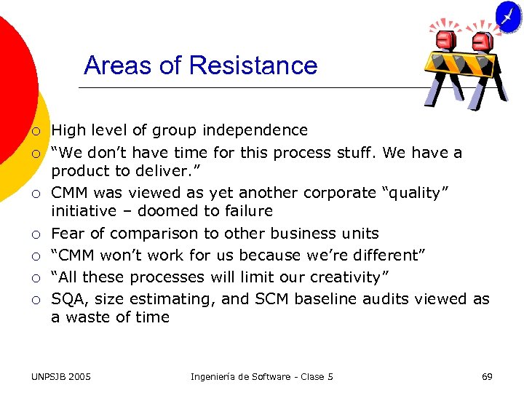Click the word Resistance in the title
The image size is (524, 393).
pos(253,65)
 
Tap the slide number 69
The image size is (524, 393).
pos(487,376)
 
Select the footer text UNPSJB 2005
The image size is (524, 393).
pos(62,376)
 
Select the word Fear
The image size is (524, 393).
pos(67,234)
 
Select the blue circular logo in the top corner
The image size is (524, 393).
pos(508,15)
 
